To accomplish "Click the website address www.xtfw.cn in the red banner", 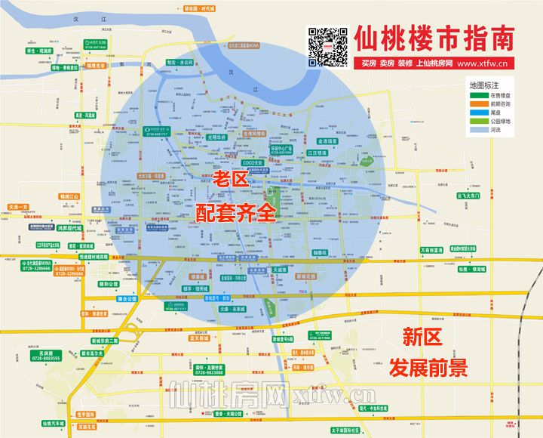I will click(x=481, y=64).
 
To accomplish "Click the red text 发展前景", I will click(x=428, y=367).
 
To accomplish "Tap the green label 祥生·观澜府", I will click(x=39, y=51).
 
